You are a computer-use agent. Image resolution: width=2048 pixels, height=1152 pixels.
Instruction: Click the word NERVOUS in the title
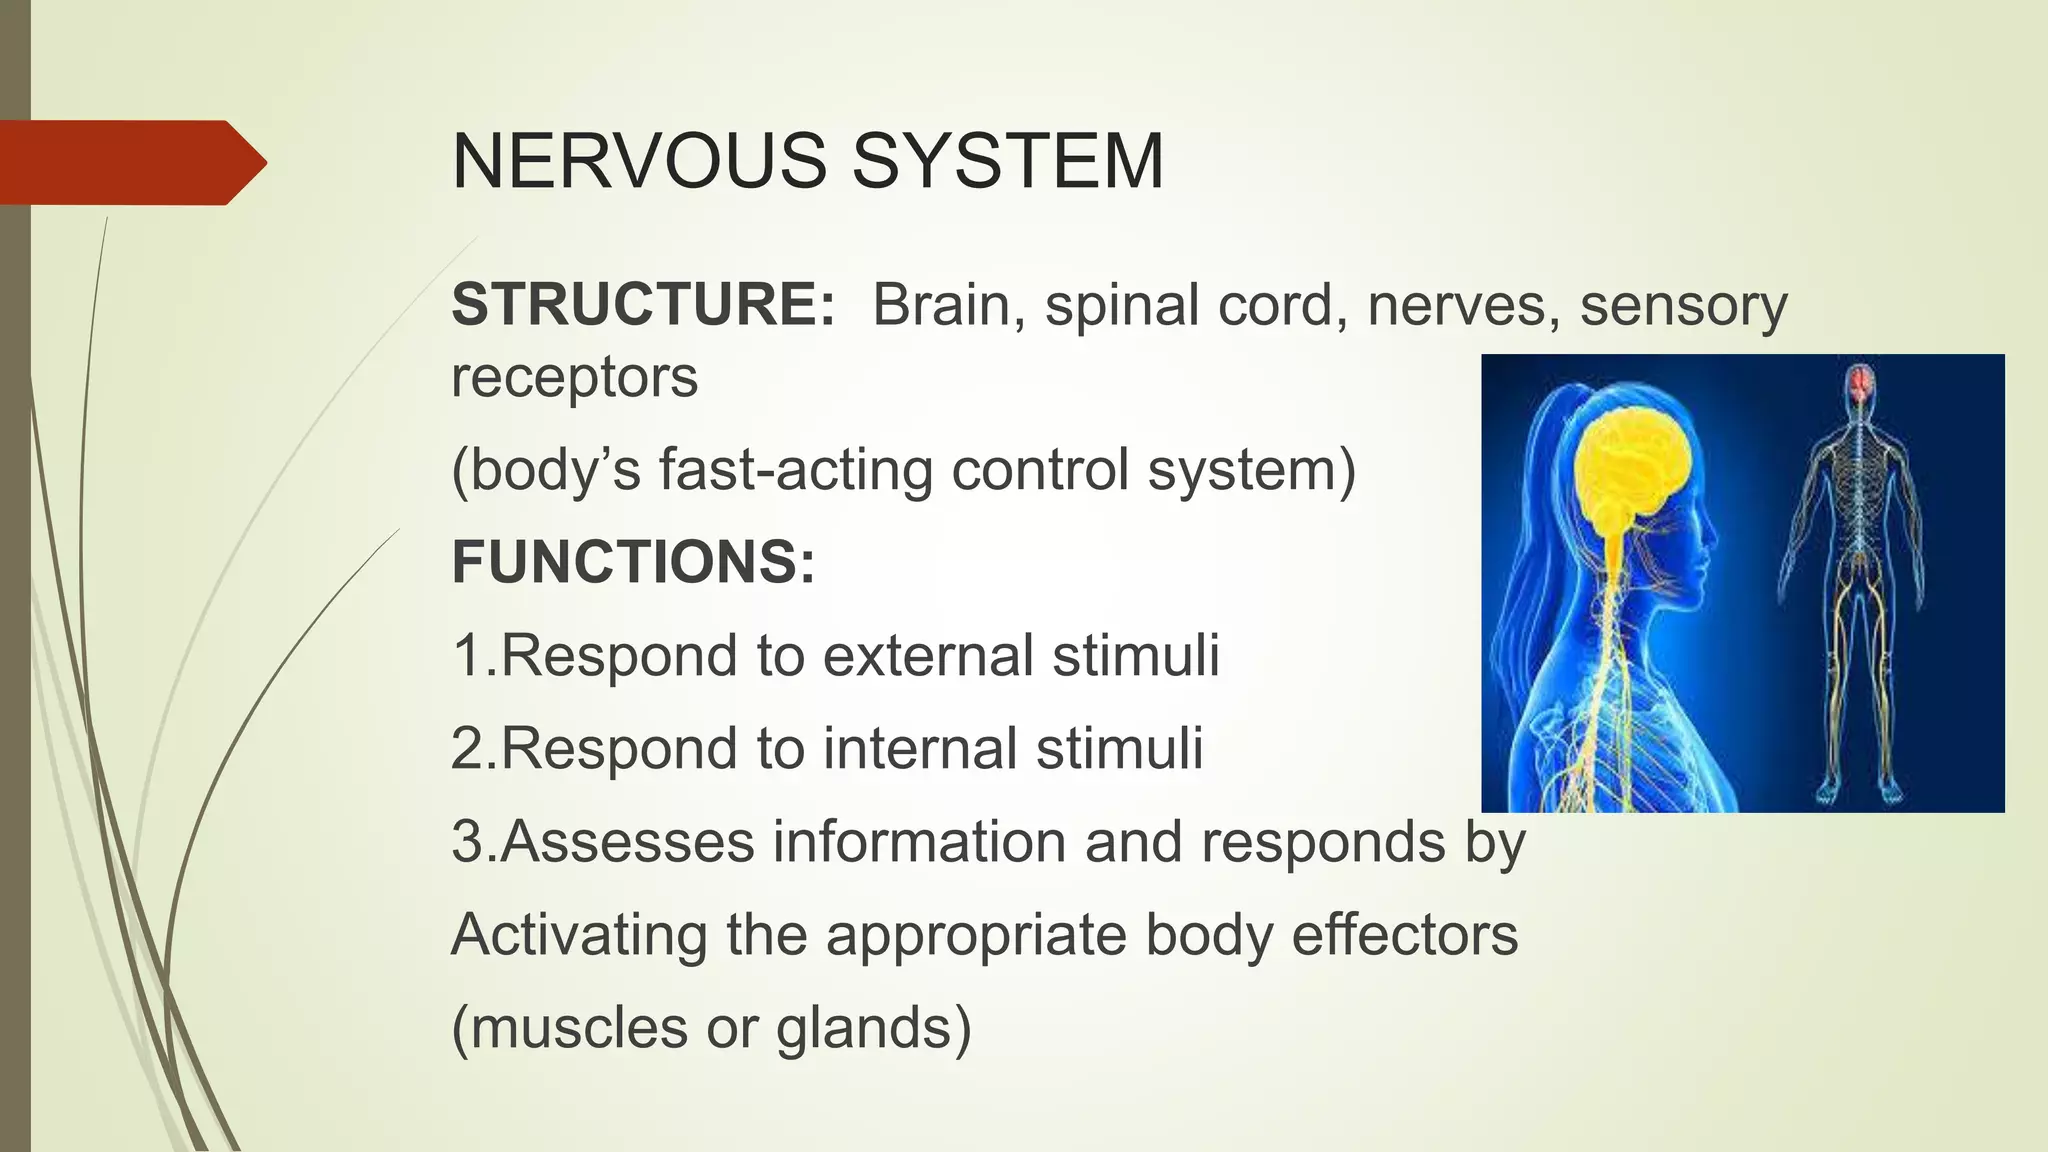point(640,162)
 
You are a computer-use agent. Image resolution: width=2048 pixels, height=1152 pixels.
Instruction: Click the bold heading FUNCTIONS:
point(633,562)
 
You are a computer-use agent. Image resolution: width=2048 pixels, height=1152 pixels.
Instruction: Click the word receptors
point(574,378)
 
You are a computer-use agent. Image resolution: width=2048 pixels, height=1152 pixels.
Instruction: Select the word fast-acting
point(795,469)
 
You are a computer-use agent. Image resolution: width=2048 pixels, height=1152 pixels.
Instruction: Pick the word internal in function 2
point(918,749)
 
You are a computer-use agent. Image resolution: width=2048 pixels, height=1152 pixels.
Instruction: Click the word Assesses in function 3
point(627,842)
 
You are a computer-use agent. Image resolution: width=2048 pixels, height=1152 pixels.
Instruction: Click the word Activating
point(579,935)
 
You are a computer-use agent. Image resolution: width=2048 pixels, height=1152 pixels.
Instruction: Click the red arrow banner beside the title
point(130,162)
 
